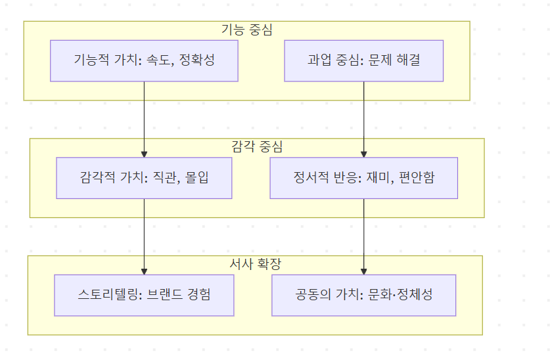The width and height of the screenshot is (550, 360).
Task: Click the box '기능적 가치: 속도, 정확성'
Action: pyautogui.click(x=144, y=60)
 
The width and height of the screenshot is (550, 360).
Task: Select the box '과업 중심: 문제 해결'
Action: pyautogui.click(x=363, y=60)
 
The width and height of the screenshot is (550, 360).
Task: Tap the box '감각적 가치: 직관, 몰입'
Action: pyautogui.click(x=144, y=177)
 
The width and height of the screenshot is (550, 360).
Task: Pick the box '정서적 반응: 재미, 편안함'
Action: pyautogui.click(x=363, y=177)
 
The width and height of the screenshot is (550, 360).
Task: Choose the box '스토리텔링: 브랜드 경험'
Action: pyautogui.click(x=144, y=295)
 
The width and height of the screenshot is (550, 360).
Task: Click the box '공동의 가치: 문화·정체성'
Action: pyautogui.click(x=363, y=295)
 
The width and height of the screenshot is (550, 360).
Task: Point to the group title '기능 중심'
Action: pyautogui.click(x=246, y=30)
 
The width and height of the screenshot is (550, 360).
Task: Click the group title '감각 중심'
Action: pyautogui.click(x=257, y=146)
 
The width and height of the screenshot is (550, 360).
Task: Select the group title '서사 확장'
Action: pyautogui.click(x=255, y=264)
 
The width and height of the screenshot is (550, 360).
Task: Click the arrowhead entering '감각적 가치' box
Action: pyautogui.click(x=144, y=154)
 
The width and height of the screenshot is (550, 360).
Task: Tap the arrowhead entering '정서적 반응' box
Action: pyautogui.click(x=363, y=154)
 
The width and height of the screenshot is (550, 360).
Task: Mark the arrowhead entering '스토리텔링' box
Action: pyautogui.click(x=144, y=271)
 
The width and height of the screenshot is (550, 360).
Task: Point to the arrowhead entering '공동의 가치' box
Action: pyautogui.click(x=363, y=271)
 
